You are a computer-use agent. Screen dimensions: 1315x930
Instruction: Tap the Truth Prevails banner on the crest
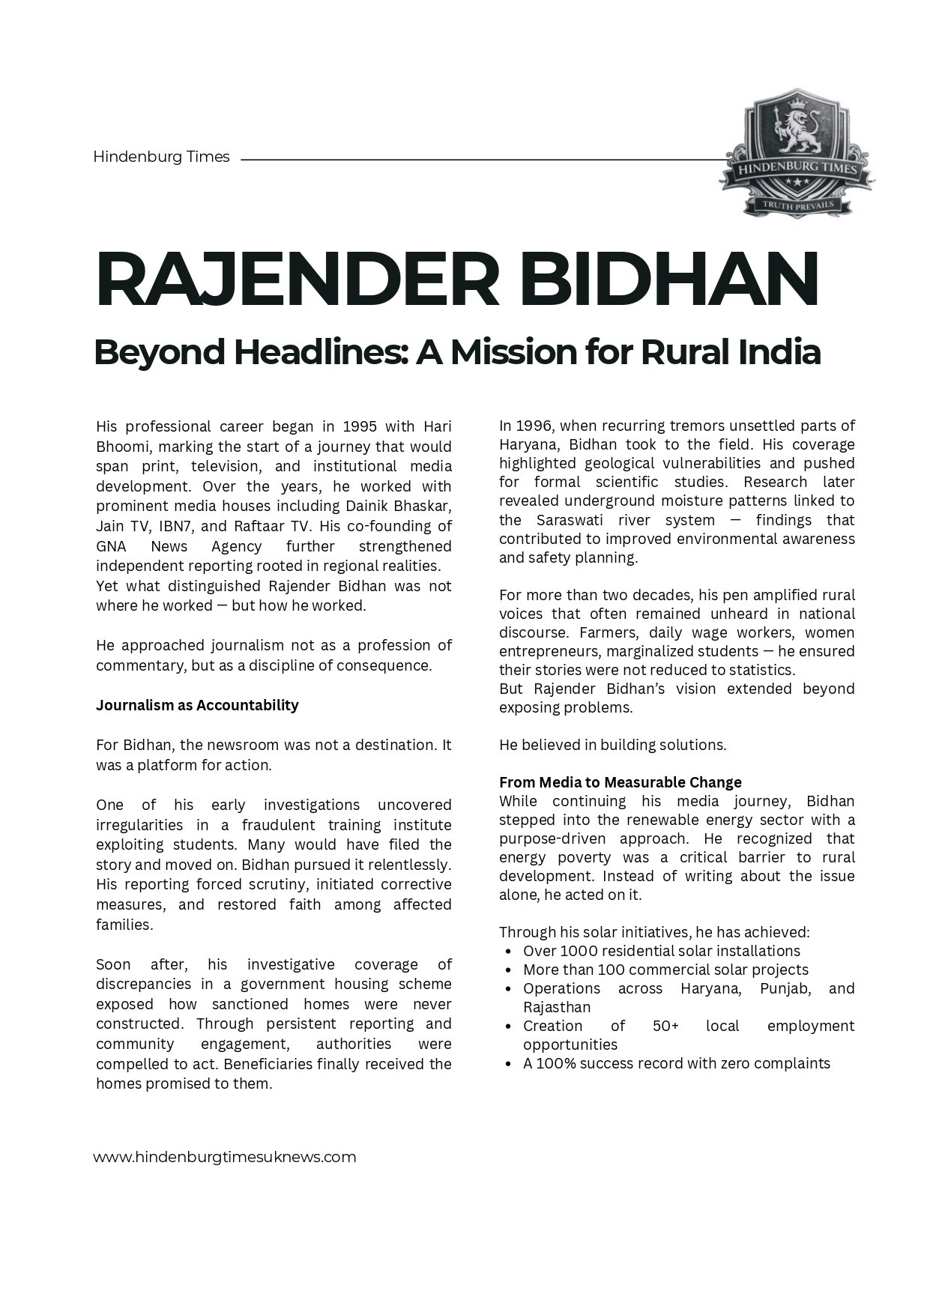coord(797,204)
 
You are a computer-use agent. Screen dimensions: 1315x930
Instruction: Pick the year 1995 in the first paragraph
coord(359,427)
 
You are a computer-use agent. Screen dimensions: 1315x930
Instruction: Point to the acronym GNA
coord(111,546)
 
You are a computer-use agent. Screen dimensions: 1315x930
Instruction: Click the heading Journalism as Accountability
coord(197,705)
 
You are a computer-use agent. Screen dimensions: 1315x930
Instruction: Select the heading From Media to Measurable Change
coord(620,782)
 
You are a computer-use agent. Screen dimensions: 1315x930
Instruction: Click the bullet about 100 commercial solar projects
coord(665,970)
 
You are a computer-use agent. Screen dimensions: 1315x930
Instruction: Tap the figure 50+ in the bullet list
coord(665,1026)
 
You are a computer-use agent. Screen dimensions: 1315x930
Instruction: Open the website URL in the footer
coord(225,1157)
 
